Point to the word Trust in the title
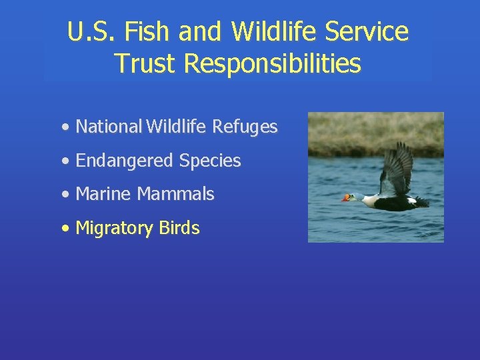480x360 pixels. pos(145,63)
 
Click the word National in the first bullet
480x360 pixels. pos(109,127)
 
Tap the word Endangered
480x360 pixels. pos(125,161)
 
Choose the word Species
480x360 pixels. pos(210,161)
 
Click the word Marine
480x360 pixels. pos(104,195)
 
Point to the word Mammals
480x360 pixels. pos(176,195)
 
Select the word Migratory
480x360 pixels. pos(115,228)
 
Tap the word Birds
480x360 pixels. pos(179,228)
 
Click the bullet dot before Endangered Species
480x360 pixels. pos(64,161)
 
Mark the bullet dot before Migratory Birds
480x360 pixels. pos(64,229)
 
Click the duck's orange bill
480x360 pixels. pos(346,198)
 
